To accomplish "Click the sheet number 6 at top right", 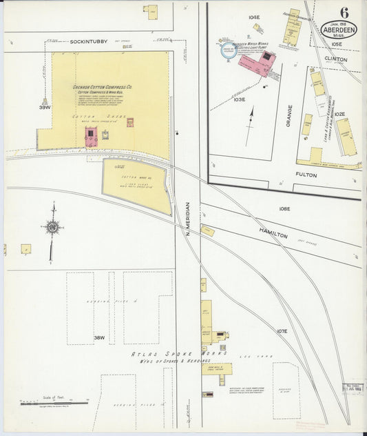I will (343, 12).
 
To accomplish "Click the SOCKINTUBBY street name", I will (89, 42).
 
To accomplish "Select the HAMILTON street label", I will (273, 233).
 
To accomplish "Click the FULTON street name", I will (306, 175).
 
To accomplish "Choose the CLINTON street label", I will (335, 59).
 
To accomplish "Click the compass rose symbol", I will (52, 226).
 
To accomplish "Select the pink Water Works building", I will (255, 63).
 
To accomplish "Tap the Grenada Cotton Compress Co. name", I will (103, 88).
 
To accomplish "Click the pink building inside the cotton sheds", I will (90, 137).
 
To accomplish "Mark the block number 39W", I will (45, 108).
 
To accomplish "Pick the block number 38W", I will (99, 337).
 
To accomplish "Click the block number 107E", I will (282, 331).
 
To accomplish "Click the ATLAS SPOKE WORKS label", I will (169, 354).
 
